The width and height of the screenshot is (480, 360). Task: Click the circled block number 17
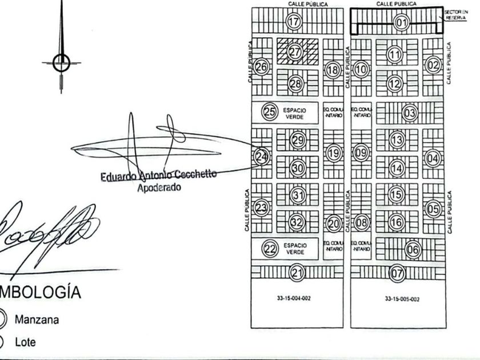tap(294, 22)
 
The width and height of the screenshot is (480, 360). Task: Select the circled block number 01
tap(402, 23)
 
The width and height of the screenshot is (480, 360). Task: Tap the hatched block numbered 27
tap(295, 52)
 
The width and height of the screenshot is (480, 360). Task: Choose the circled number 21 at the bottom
tap(296, 273)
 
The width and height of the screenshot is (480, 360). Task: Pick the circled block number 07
tap(397, 273)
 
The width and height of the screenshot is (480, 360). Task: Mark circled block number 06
tap(413, 249)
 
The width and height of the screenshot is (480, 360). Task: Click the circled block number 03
tap(410, 113)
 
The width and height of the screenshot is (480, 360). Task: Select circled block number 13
tap(397, 139)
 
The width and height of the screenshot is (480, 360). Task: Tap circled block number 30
tap(297, 168)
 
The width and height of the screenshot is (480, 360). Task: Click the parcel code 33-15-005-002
tap(394, 298)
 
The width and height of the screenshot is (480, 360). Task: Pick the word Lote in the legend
tap(25, 342)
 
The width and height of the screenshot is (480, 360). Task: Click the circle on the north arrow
tap(61, 62)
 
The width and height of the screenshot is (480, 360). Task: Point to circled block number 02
tap(434, 65)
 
